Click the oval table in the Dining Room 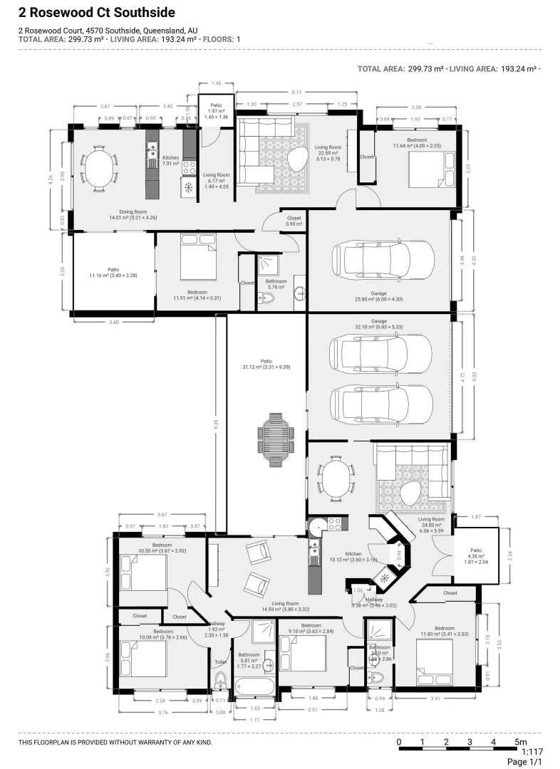pos(99,169)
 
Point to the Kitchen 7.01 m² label pos(170,160)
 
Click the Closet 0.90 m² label pos(294,221)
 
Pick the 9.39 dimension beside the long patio pos(215,423)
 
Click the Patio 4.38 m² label pos(467,553)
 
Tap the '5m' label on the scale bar pos(521,743)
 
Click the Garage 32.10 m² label pos(378,325)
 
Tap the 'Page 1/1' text pos(525,762)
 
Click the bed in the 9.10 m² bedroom pos(303,656)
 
